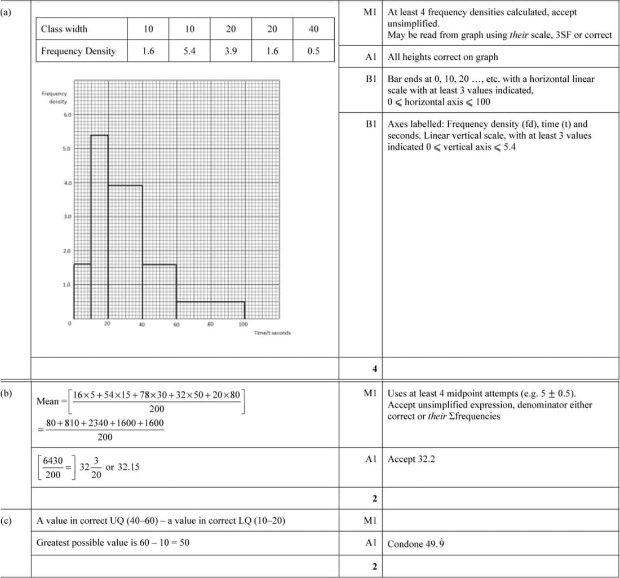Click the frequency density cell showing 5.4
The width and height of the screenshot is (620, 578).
190,51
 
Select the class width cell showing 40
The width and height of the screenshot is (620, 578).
313,28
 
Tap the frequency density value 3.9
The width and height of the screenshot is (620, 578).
231,51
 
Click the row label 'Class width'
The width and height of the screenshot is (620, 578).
64,28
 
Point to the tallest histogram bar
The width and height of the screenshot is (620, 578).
99,226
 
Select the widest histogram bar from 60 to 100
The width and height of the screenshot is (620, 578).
210,310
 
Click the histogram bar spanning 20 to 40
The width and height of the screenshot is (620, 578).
125,251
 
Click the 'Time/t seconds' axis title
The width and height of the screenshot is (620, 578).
272,333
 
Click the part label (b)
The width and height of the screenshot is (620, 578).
7,390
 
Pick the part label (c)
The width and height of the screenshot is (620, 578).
7,519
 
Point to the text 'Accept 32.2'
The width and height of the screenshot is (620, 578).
411,459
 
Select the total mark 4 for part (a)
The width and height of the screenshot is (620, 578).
374,369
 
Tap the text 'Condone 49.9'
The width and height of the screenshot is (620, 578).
413,544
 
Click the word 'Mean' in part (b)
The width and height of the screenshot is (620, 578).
47,401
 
